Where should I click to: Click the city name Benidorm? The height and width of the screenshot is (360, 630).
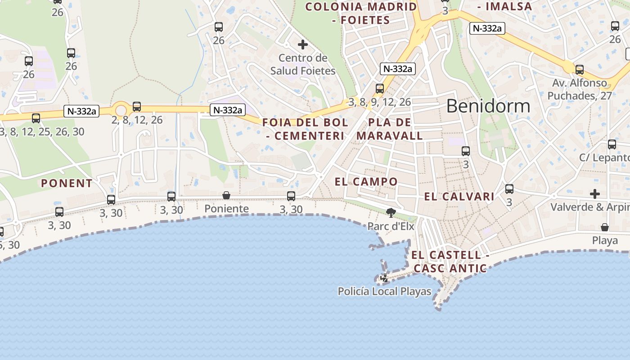[x=488, y=106]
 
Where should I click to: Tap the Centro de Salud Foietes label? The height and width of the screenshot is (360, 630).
[x=302, y=64]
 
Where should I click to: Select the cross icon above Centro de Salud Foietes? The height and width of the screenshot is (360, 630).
[x=303, y=45]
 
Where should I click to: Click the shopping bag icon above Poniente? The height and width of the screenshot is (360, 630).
[x=226, y=195]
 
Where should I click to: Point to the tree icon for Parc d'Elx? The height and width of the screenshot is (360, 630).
[x=391, y=212]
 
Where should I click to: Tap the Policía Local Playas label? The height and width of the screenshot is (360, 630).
[x=384, y=292]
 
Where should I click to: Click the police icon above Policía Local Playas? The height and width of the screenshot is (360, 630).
[x=384, y=278]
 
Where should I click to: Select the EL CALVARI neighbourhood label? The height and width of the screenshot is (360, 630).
[x=459, y=197]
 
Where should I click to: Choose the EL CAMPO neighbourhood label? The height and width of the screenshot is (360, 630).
[x=366, y=182]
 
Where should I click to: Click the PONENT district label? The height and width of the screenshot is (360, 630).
[x=67, y=183]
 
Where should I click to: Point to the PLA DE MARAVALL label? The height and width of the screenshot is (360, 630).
[x=390, y=129]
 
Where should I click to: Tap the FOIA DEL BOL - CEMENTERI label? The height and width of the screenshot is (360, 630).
[x=305, y=129]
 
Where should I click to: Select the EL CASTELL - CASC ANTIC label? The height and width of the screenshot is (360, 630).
[x=450, y=261]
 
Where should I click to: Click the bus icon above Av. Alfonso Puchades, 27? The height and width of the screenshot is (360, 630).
[x=580, y=70]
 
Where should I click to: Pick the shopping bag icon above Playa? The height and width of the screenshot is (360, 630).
[x=605, y=227]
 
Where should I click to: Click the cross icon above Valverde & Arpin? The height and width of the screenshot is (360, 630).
[x=595, y=194]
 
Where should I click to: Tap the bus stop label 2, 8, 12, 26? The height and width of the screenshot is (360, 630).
[x=137, y=120]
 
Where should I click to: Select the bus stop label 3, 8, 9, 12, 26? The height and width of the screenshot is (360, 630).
[x=380, y=102]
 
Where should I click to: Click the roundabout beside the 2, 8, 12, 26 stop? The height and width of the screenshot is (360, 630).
[x=120, y=110]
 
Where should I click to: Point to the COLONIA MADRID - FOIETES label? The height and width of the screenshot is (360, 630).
[x=361, y=13]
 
